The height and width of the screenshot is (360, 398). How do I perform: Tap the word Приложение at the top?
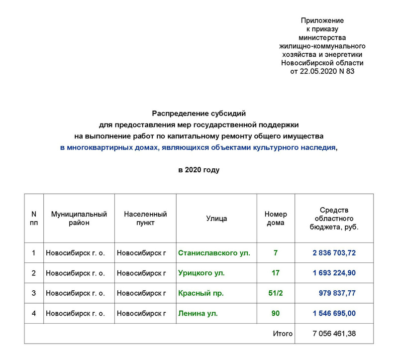(322, 20)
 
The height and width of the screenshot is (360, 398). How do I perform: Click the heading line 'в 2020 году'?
(199, 170)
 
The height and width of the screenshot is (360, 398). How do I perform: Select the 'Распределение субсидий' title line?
(199, 114)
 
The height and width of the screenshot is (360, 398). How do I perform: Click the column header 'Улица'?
(216, 219)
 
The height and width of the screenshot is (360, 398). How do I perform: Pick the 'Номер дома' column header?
(276, 219)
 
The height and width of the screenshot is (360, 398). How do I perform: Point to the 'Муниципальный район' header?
(79, 219)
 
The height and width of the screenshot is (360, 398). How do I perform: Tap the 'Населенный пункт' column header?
(145, 219)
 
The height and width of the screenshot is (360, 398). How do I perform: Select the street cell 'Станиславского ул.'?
(214, 253)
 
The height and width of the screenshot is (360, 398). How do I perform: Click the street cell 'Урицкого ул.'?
(201, 273)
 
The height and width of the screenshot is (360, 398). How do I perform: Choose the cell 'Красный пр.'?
(201, 293)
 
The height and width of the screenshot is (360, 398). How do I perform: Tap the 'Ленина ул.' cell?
(198, 314)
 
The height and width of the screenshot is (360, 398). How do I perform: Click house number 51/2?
(276, 293)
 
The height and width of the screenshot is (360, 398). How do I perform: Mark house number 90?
(276, 314)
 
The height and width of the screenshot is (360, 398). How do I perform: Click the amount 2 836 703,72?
(334, 253)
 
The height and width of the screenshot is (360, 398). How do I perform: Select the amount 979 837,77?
(337, 293)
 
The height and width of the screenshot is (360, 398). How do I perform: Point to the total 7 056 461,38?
(334, 334)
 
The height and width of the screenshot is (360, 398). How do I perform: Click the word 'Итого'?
(283, 334)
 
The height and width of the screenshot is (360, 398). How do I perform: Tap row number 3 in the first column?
(34, 293)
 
